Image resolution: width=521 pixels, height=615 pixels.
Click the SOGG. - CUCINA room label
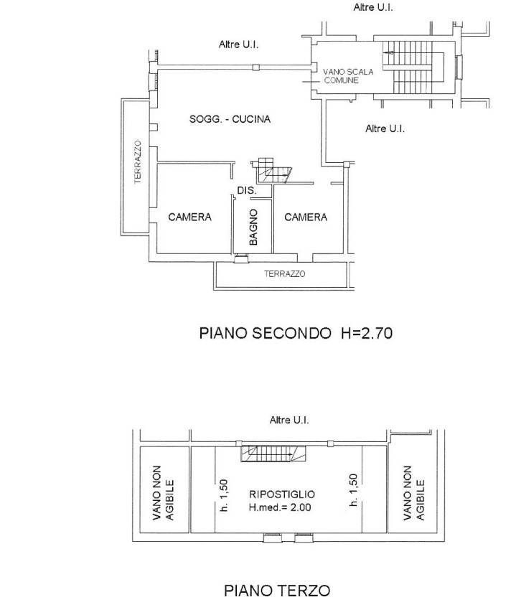(x=230, y=119)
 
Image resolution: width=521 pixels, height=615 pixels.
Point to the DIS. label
(x=247, y=191)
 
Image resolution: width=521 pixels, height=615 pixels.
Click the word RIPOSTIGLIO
(x=281, y=494)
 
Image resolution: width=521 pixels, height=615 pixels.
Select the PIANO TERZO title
(x=277, y=591)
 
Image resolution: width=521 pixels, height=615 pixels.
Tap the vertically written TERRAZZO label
(x=136, y=164)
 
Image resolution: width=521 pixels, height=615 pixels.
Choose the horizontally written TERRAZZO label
(x=284, y=273)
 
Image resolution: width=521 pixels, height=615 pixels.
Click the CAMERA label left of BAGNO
(x=189, y=217)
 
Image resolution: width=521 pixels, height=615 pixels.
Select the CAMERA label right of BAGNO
(x=306, y=217)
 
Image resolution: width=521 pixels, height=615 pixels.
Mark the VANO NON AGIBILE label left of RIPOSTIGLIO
(x=164, y=494)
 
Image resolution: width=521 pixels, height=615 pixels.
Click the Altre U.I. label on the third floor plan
(x=288, y=421)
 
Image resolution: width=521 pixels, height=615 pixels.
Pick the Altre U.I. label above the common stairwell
(x=373, y=7)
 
